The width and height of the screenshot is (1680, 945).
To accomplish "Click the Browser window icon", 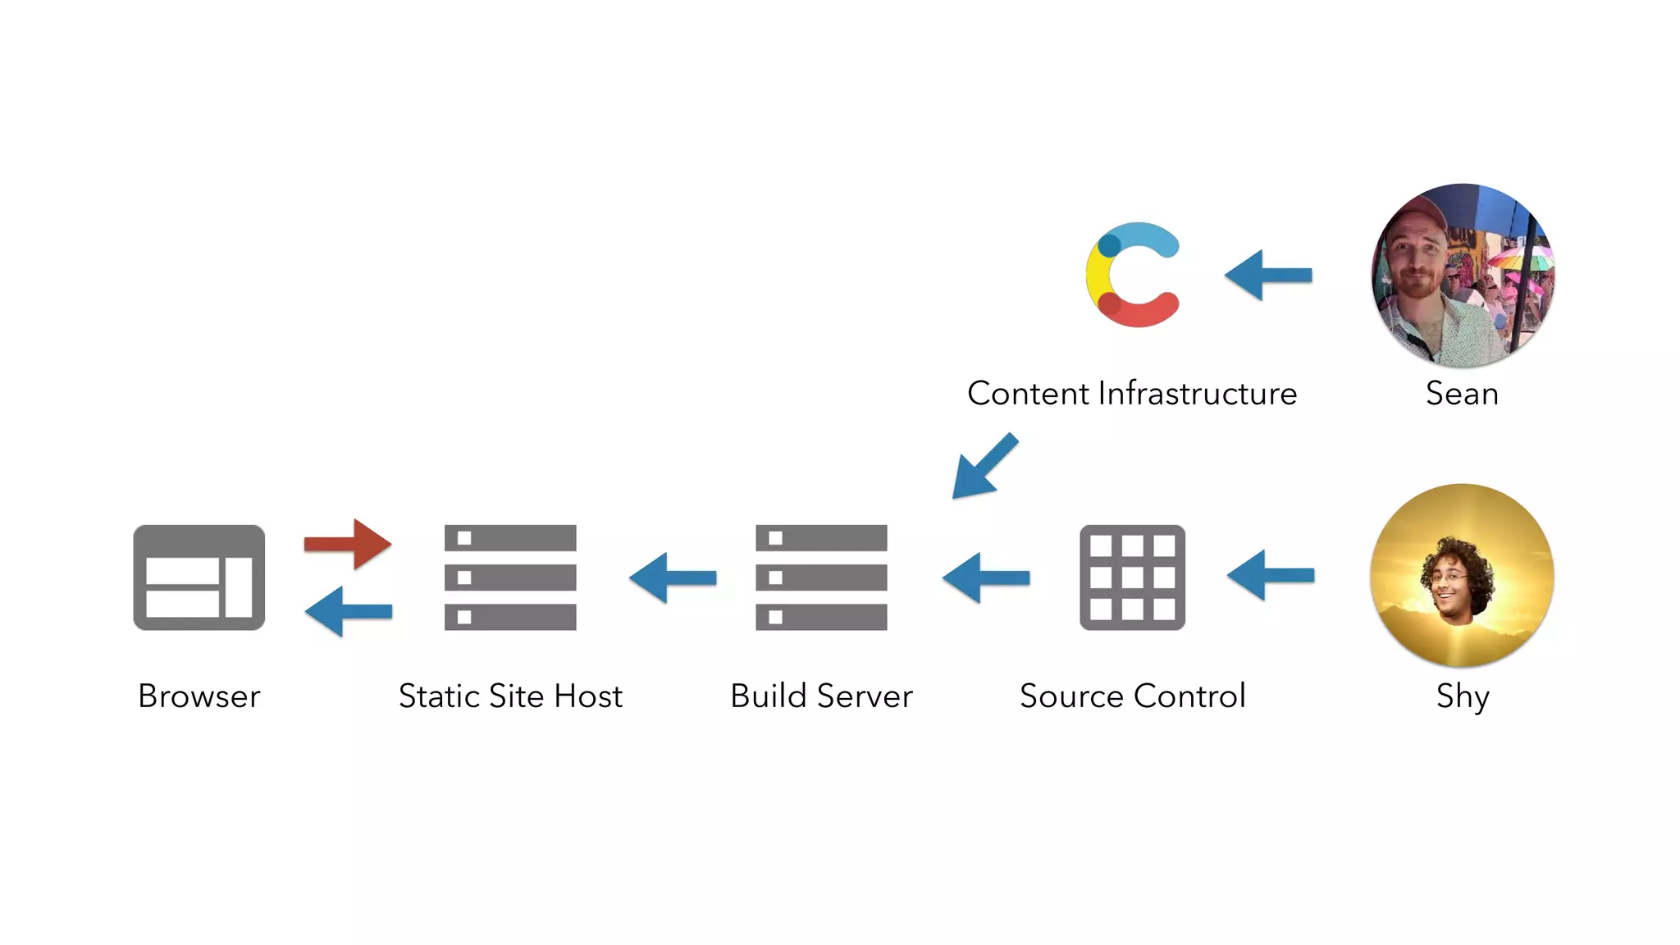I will [x=199, y=577].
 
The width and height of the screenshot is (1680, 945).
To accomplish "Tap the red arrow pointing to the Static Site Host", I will [x=348, y=543].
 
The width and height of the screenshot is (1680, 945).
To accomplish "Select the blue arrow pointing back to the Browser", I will [x=348, y=611].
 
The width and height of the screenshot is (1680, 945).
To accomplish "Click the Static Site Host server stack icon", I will [x=510, y=577].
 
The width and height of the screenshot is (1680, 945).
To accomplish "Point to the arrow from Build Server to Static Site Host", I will [x=673, y=577].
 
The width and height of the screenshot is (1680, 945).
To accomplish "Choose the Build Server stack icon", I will [x=821, y=577].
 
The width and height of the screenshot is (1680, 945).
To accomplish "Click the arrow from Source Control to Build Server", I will [x=985, y=577].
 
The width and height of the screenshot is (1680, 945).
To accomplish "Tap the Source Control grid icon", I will [x=1132, y=577].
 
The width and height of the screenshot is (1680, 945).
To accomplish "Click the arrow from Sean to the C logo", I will [x=1268, y=276].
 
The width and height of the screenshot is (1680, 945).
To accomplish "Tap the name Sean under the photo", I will [x=1462, y=394].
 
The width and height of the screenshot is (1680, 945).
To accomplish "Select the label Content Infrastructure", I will [x=1132, y=394].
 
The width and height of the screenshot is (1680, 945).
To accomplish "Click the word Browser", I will [x=199, y=696].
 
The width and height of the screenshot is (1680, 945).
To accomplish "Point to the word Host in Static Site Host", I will [x=588, y=696].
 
